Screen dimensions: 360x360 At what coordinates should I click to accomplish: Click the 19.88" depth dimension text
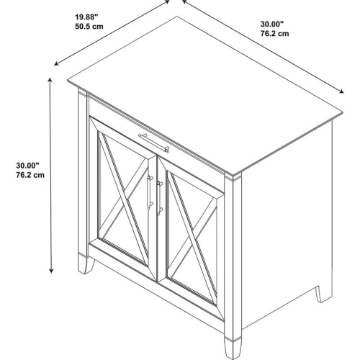tap(86, 17)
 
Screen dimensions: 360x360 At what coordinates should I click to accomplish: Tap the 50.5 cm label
tap(89, 26)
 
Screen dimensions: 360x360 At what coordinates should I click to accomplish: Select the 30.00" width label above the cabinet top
tap(272, 24)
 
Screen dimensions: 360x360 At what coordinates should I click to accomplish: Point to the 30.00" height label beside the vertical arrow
tap(27, 166)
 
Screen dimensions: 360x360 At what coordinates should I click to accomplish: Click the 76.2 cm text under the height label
tap(30, 175)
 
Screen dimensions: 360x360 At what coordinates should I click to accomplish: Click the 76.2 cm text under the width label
tap(275, 33)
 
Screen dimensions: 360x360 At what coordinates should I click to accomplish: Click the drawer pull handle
tap(154, 143)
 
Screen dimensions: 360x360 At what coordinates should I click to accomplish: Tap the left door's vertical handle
tap(150, 192)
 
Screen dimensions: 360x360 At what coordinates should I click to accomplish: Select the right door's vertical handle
tap(159, 198)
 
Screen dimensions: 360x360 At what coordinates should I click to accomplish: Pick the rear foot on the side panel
tap(324, 294)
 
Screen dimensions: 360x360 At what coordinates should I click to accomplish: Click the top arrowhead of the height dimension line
tap(50, 80)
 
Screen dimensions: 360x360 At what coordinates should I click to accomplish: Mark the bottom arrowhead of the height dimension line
tap(51, 271)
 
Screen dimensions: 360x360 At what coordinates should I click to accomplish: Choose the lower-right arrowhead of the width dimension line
tap(341, 91)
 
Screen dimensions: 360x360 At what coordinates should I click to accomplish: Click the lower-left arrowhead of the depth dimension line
tap(57, 63)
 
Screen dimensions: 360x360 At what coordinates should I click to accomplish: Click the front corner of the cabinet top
tap(233, 174)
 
